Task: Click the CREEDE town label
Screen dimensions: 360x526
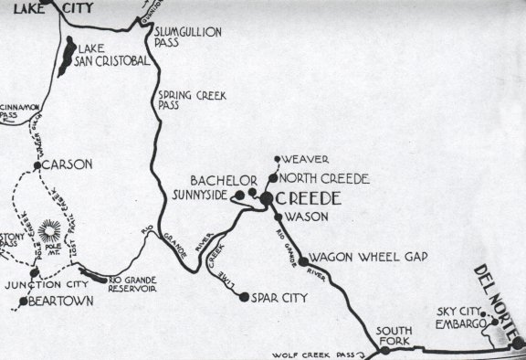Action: pos(310,198)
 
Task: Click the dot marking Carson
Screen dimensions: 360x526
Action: pos(37,165)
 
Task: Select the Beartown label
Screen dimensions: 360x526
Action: pos(60,300)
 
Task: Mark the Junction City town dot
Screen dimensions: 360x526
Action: pos(34,272)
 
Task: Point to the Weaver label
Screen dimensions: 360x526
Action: pos(307,159)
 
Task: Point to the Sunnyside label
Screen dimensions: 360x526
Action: pos(197,195)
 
